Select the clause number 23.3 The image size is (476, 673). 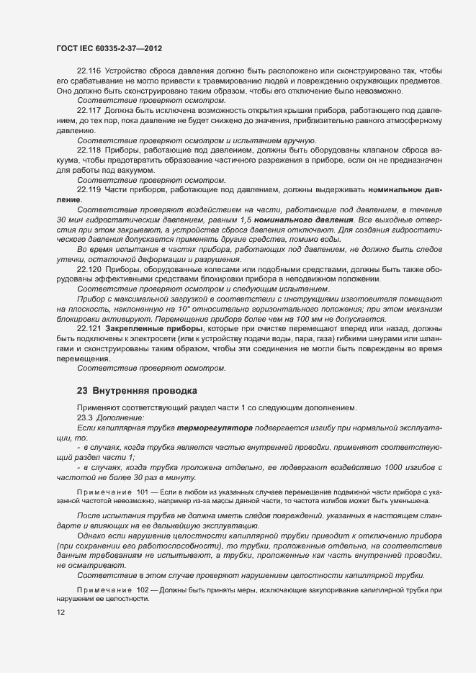click(x=86, y=417)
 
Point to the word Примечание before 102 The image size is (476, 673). click(x=104, y=590)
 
